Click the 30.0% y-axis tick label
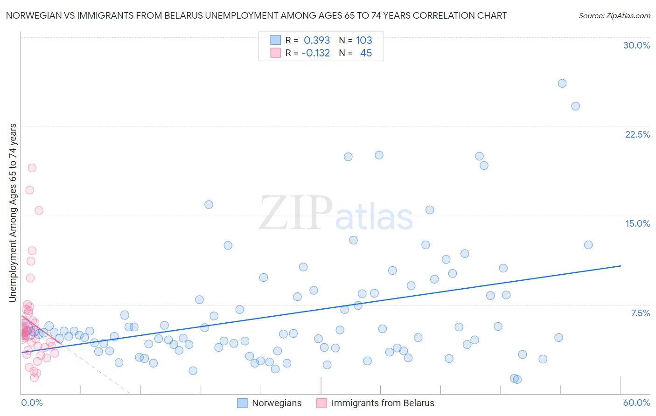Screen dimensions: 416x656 point(636,45)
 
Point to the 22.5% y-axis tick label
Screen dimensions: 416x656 point(637,134)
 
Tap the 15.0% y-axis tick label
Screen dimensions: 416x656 point(637,223)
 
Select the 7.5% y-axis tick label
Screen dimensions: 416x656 point(640,313)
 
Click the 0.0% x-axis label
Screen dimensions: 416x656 point(32,402)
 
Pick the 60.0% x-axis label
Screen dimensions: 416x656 point(636,402)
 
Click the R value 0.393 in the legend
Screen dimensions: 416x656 point(317,41)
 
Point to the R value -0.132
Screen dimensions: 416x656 point(316,53)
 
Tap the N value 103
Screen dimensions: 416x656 point(364,41)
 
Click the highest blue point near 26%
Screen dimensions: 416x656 point(562,83)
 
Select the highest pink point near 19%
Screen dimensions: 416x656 point(32,168)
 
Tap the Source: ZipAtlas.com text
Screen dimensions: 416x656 point(614,15)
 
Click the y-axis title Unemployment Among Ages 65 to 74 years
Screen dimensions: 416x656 point(13,213)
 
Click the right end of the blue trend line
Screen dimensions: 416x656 point(621,266)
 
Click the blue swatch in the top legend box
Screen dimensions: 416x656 point(276,40)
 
